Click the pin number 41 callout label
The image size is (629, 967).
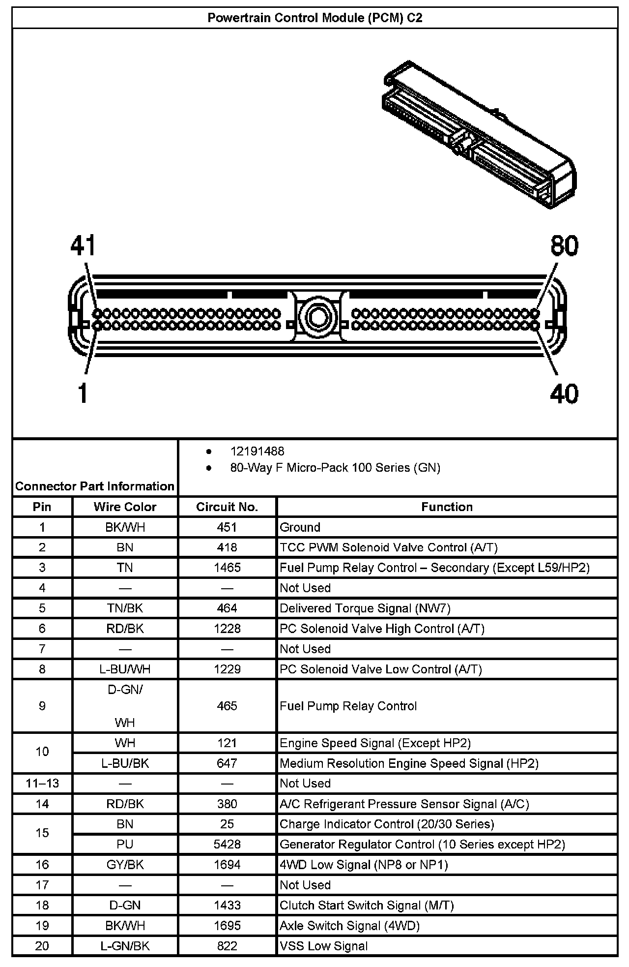(x=83, y=245)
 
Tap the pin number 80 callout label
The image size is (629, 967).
(x=564, y=245)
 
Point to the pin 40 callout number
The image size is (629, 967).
(x=564, y=393)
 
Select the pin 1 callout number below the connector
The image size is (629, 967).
(x=83, y=393)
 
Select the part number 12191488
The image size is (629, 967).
(x=257, y=451)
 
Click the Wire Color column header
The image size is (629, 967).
(x=125, y=507)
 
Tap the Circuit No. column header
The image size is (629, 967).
(x=227, y=507)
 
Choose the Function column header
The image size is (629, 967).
(x=447, y=507)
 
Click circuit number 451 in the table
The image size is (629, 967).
(x=227, y=527)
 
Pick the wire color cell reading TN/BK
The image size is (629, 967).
(x=125, y=608)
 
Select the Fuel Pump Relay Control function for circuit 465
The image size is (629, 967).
(x=348, y=706)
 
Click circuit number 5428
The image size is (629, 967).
(x=227, y=845)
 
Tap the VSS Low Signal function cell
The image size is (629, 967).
(x=323, y=946)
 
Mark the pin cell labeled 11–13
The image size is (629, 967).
(x=42, y=784)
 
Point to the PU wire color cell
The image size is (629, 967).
(x=125, y=845)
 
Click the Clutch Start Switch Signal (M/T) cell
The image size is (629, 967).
(x=367, y=906)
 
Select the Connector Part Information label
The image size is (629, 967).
(x=95, y=486)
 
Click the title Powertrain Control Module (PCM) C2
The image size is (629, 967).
(x=314, y=18)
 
